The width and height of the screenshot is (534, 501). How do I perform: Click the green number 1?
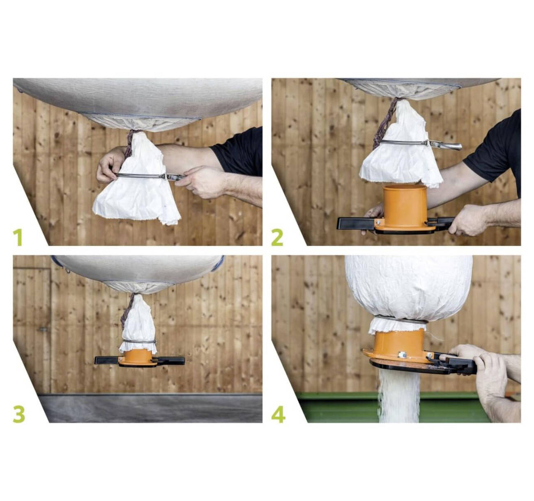pyautogui.click(x=18, y=237)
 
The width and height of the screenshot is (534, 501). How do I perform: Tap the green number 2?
pyautogui.click(x=277, y=237)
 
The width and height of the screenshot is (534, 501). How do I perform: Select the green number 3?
pyautogui.click(x=19, y=414)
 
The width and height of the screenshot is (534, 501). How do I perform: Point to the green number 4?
pyautogui.click(x=278, y=414)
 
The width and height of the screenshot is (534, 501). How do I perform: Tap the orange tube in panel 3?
pyautogui.click(x=138, y=358)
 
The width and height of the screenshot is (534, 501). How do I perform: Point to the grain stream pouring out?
pyautogui.click(x=398, y=398)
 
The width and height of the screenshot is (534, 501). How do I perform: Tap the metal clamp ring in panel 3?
pyautogui.click(x=138, y=342)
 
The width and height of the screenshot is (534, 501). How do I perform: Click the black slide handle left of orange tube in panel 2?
pyautogui.click(x=355, y=224)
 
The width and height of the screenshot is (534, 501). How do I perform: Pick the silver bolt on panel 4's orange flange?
pyautogui.click(x=402, y=355)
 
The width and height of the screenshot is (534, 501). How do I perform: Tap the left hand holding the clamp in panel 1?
pyautogui.click(x=110, y=165)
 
